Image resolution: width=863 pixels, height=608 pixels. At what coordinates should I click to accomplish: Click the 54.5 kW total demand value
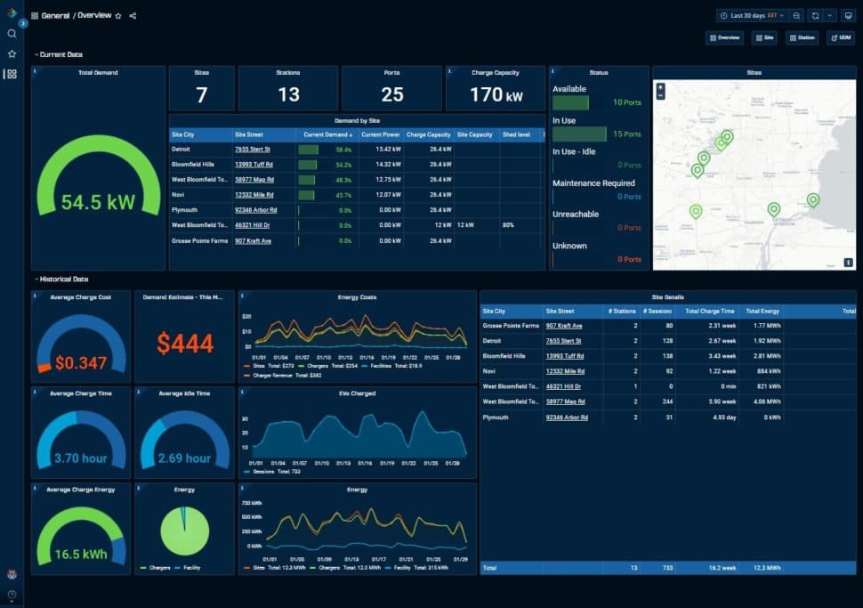coord(98,202)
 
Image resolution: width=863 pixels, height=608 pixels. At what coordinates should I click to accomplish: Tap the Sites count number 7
coord(201,94)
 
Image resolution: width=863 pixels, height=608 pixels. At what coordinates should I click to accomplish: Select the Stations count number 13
coord(288,94)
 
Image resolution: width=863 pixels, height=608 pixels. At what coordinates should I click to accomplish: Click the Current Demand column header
coord(326,134)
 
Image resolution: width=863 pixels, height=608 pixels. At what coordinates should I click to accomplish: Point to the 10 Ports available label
coord(627,103)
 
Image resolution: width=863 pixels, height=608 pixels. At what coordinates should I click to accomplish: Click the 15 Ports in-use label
coord(627,134)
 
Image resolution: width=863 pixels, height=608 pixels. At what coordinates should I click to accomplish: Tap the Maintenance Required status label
coord(593,182)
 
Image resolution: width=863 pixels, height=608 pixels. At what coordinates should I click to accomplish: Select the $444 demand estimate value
coord(185,343)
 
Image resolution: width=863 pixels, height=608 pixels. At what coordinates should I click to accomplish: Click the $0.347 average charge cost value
coord(80,363)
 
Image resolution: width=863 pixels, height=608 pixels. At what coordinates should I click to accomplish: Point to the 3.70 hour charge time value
coord(80,458)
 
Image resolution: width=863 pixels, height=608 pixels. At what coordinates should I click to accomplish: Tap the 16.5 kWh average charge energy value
coord(80,554)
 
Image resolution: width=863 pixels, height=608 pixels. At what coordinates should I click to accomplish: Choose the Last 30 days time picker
coord(751,15)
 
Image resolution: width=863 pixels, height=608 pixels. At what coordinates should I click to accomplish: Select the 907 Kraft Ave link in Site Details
coord(564,326)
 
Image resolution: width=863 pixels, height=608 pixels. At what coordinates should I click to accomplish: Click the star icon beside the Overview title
coord(118,16)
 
